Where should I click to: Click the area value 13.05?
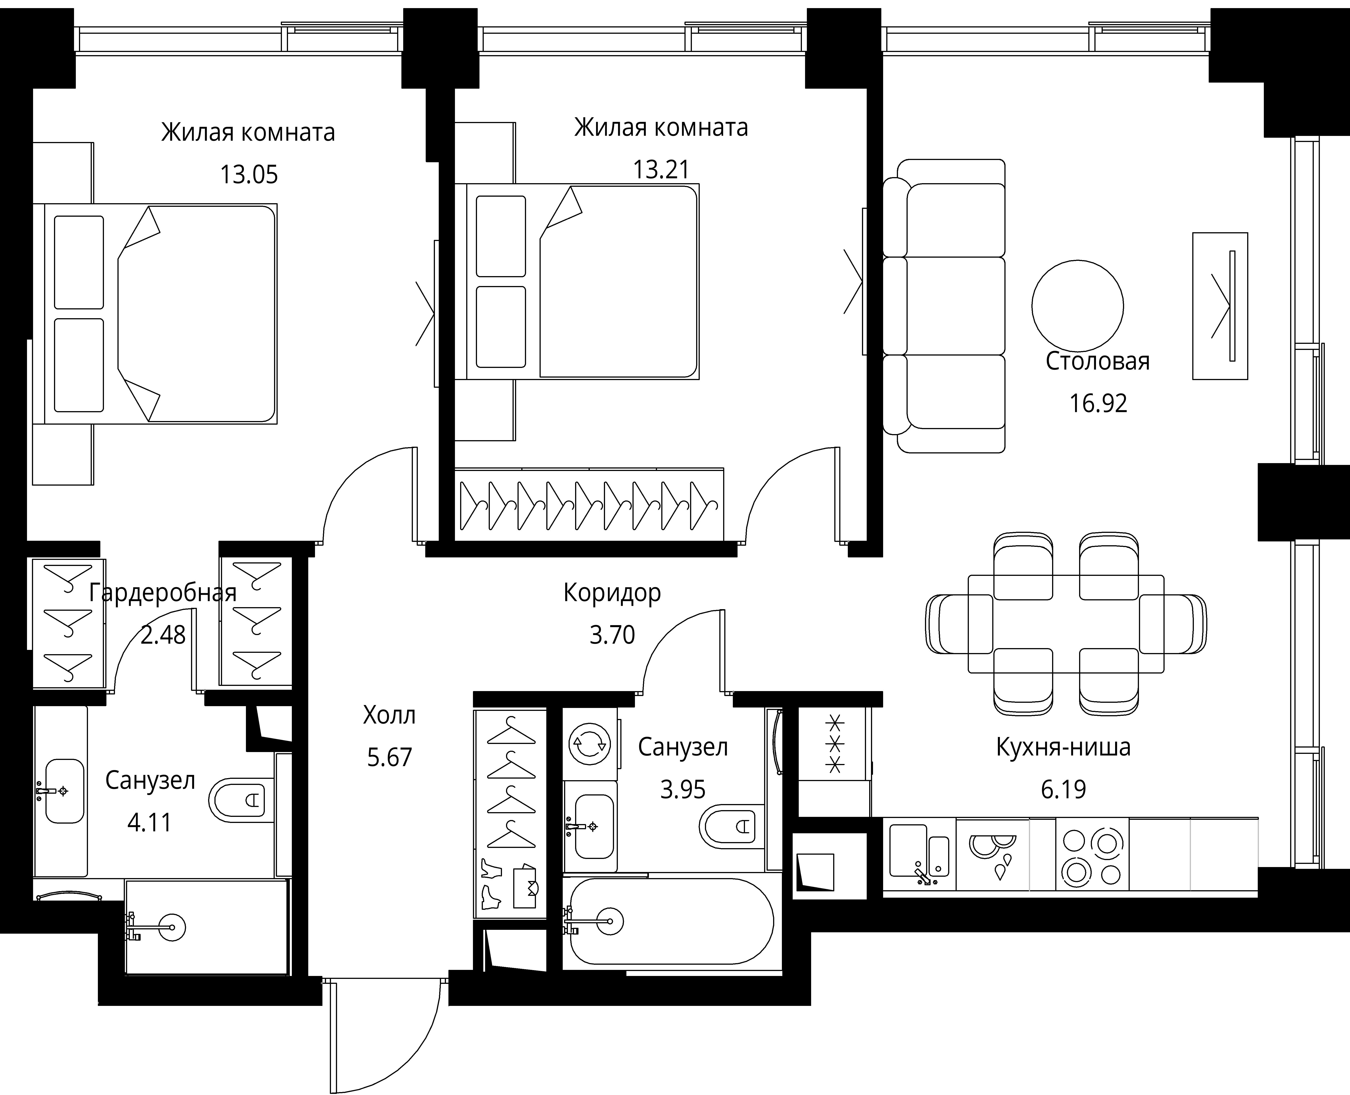(248, 174)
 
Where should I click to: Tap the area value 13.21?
(661, 169)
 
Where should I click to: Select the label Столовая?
(1098, 361)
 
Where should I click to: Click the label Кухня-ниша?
(1063, 747)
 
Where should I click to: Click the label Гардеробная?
(163, 593)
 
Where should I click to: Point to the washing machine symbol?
(589, 744)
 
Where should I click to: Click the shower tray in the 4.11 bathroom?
(207, 927)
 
